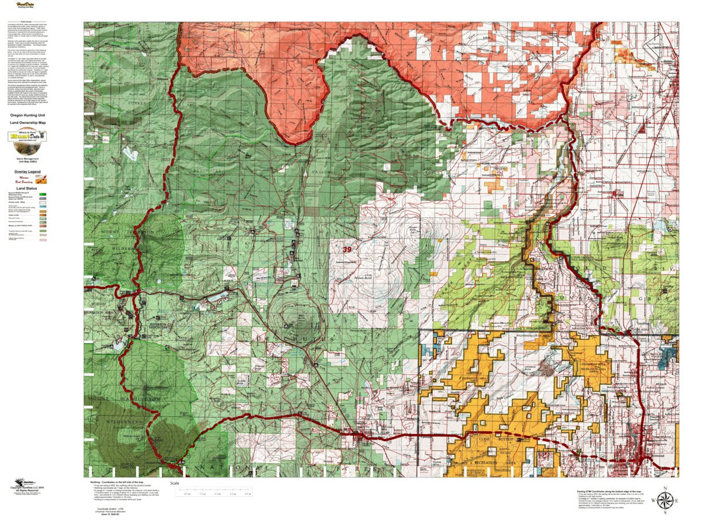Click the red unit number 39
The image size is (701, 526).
[x=348, y=250]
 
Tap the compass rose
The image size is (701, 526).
[x=665, y=500]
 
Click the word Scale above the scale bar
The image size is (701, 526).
[x=174, y=483]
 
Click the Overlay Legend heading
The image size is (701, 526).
[x=27, y=172]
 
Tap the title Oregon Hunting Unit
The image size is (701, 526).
[x=27, y=116]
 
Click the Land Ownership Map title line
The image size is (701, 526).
[x=27, y=122]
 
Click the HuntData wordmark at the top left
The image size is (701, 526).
[x=25, y=5]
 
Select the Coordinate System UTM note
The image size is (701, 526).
[x=110, y=511]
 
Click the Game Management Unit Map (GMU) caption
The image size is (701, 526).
[x=27, y=160]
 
